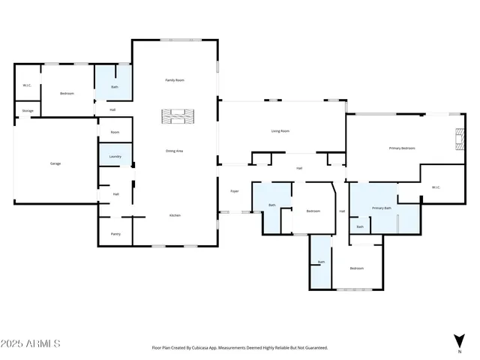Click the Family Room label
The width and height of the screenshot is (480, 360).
[x=175, y=79]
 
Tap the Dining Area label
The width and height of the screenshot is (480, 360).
[x=175, y=151]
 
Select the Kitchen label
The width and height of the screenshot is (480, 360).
[x=175, y=215]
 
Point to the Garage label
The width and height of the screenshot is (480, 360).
[x=55, y=163]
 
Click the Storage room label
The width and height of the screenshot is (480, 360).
[x=28, y=110]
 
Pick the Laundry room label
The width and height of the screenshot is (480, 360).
[x=115, y=157]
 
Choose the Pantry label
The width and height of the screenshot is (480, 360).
[x=115, y=234]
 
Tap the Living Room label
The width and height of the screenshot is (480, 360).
[x=280, y=130]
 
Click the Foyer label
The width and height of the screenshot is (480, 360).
[x=234, y=192]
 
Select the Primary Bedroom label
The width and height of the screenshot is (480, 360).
[x=402, y=148]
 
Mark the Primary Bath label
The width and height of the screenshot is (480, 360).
[x=382, y=208]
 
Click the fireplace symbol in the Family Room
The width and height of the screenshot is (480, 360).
[x=177, y=115]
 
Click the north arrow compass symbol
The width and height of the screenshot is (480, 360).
[x=459, y=340]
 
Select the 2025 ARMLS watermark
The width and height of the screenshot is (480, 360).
[x=31, y=343]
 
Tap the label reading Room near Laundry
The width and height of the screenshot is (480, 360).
[x=115, y=132]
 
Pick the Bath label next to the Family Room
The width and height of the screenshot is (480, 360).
[x=114, y=87]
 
